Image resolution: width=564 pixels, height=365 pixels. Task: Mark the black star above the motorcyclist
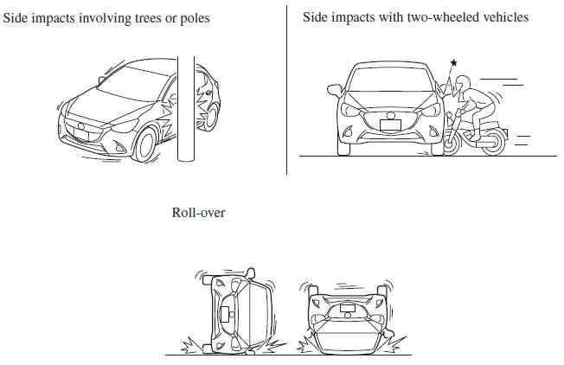[452, 64]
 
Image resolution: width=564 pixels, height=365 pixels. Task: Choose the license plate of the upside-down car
[349, 307]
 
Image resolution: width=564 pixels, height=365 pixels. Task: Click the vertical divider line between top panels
[286, 78]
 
